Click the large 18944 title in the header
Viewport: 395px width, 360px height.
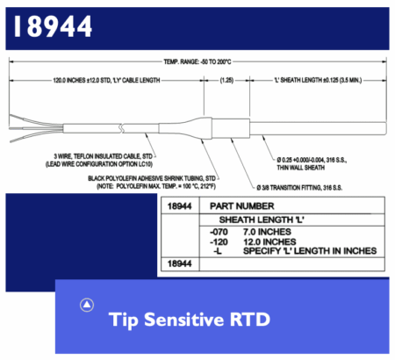[x=53, y=26]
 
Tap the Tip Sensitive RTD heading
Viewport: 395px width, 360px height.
[x=190, y=320]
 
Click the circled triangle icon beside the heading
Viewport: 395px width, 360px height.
[x=87, y=305]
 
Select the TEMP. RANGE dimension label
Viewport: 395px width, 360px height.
[x=197, y=61]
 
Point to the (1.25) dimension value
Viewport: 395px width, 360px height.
[x=226, y=80]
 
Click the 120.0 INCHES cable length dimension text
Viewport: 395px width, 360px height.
[x=106, y=80]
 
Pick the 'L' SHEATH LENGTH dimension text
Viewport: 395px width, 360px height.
[x=318, y=80]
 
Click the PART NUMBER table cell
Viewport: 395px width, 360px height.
[x=242, y=206]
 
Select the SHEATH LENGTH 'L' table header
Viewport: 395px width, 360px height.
[x=262, y=220]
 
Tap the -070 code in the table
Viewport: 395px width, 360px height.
[x=219, y=232]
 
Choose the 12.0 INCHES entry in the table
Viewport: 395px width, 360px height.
[x=269, y=241]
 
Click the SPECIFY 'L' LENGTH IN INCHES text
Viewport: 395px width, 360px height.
[x=310, y=251]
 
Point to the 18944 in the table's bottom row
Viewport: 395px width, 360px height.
[x=179, y=263]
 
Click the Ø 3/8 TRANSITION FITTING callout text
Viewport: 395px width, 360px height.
[x=299, y=188]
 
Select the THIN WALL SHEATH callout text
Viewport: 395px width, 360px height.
[x=301, y=168]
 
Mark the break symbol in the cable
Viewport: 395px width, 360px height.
[x=122, y=128]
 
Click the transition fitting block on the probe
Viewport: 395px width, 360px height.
[x=231, y=128]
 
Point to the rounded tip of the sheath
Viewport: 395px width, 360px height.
[x=385, y=128]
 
